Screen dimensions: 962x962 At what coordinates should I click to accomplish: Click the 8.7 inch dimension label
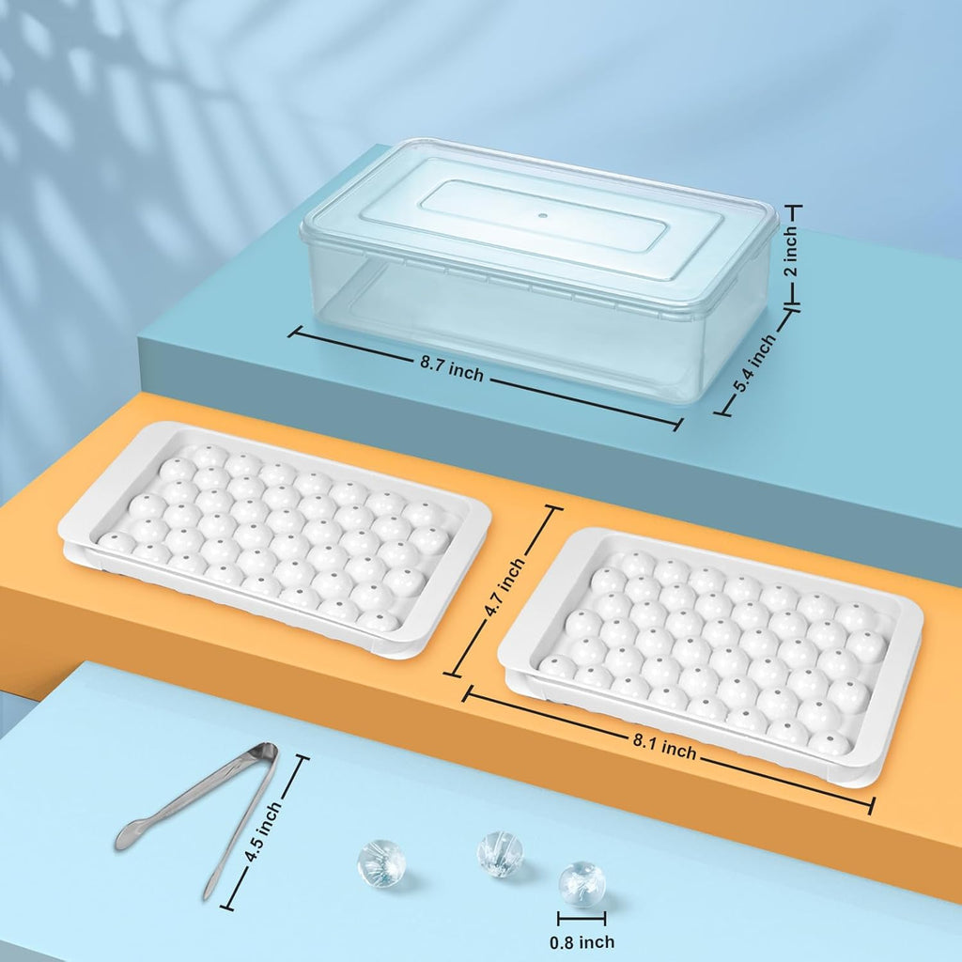452,369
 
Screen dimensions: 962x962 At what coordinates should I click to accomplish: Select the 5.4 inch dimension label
754,364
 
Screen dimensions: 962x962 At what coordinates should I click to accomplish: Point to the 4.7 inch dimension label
504,586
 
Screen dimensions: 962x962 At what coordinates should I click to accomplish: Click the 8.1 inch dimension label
664,747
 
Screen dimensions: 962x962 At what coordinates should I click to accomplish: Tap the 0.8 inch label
582,941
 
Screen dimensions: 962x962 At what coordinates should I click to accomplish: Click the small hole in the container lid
542,215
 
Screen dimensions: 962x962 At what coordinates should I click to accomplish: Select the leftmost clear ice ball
381,864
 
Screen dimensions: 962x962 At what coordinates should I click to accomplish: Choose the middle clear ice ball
500,854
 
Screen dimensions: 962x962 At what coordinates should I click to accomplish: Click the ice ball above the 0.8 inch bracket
582,883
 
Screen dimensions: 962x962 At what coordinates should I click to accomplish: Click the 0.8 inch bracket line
582,919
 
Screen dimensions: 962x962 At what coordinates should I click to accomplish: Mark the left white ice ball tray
274,540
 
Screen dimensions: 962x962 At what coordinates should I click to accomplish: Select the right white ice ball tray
710,657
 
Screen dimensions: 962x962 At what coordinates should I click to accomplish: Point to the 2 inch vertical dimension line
793,255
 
